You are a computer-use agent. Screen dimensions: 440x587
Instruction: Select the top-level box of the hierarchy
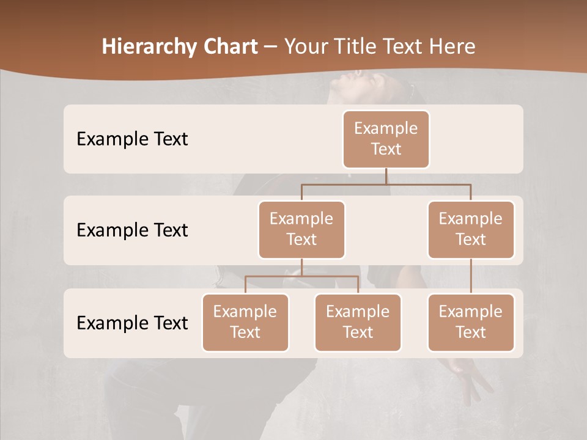[386, 139]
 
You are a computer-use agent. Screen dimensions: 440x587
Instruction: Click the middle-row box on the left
[301, 230]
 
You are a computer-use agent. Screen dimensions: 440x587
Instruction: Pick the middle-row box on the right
[471, 230]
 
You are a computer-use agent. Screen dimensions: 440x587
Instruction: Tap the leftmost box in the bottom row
[245, 323]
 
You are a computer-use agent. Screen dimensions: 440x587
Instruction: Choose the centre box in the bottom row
[358, 323]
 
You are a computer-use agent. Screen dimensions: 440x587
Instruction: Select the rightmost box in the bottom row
[471, 323]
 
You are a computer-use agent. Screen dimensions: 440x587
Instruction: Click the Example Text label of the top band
[132, 139]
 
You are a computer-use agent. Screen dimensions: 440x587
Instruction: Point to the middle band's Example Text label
[132, 230]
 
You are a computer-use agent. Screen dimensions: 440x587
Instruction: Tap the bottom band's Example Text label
[132, 323]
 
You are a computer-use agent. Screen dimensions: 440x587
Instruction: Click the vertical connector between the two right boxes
[471, 276]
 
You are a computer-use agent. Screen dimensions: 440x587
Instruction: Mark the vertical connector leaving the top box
[386, 176]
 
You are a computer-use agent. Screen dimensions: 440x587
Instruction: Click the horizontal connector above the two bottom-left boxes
[301, 276]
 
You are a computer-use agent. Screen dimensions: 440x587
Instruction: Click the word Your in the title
[305, 46]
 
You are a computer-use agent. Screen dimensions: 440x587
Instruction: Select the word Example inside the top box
[386, 128]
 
